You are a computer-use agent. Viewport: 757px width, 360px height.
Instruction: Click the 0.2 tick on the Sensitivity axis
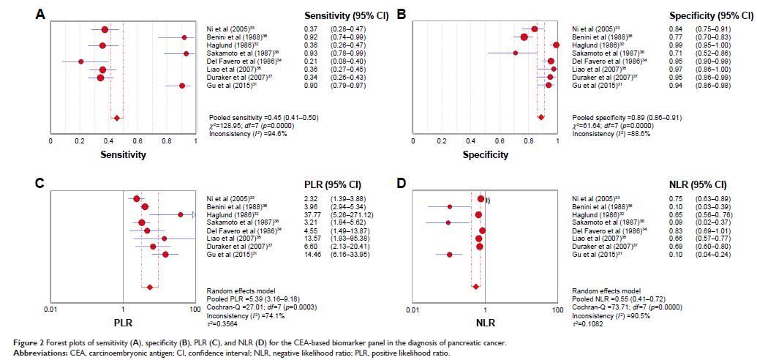pyautogui.click(x=79, y=140)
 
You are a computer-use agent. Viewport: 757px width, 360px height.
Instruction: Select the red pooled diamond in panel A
pyautogui.click(x=116, y=117)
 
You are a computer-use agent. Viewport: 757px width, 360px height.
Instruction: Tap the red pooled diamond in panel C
pyautogui.click(x=150, y=287)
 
